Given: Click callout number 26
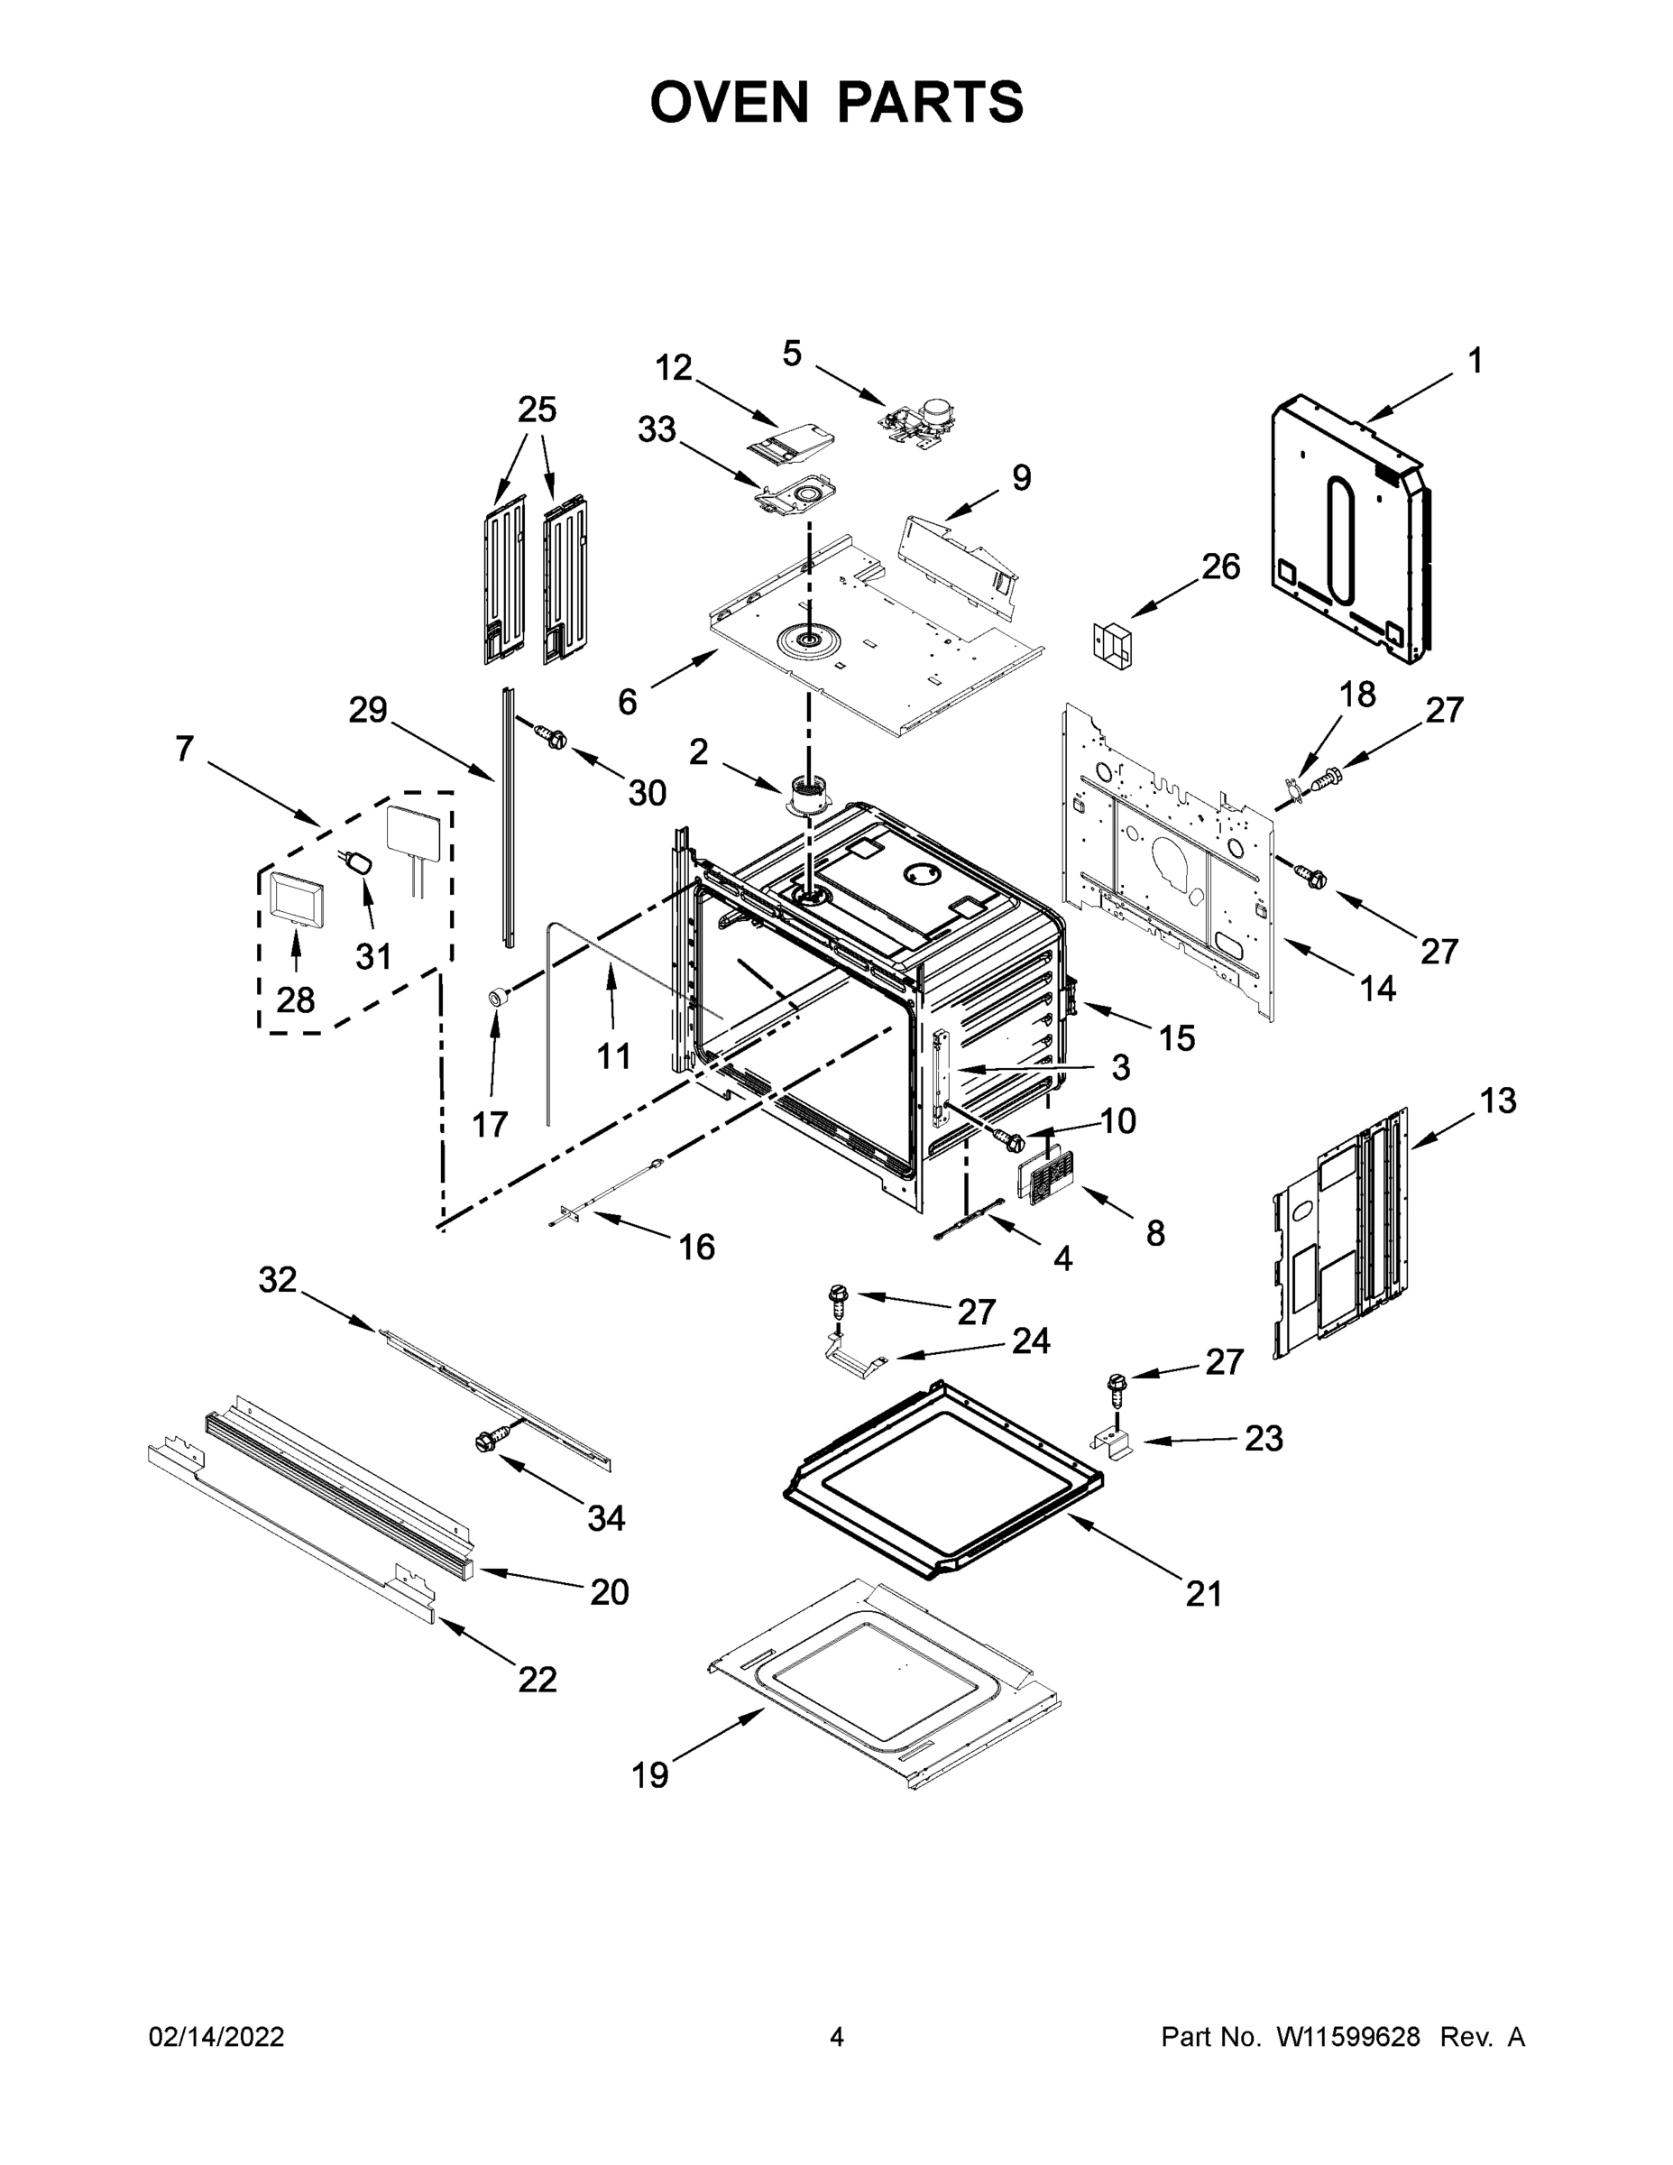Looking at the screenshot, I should click(x=1220, y=567).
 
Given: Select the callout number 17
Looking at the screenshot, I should click(x=490, y=1124).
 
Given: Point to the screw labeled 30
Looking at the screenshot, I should click(x=551, y=736).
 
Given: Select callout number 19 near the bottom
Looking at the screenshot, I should click(x=650, y=1775).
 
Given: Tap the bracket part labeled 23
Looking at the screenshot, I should click(x=1113, y=1446).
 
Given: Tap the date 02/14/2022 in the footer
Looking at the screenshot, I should click(x=216, y=2037).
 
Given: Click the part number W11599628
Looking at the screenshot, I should click(x=1348, y=2037).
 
